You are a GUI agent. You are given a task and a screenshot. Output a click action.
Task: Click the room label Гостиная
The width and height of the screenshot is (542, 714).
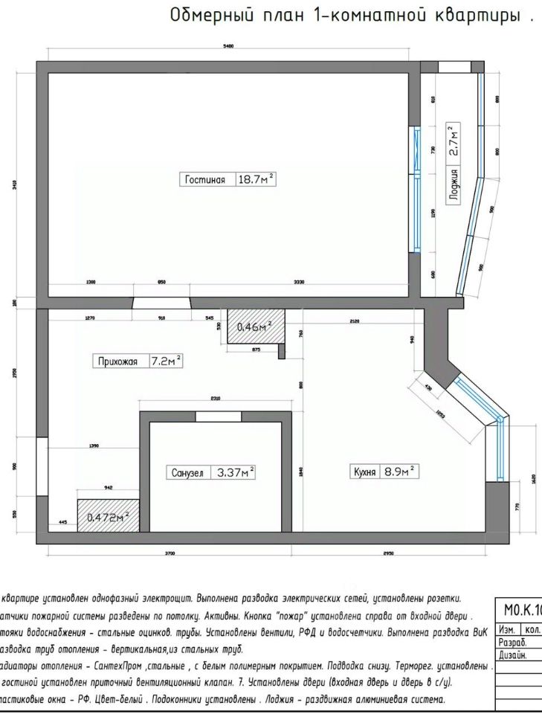pos(205,179)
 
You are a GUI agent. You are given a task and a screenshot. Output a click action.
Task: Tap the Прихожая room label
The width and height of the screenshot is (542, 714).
pos(116,362)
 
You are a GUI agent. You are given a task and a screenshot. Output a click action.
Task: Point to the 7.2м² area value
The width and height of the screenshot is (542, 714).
pos(166,361)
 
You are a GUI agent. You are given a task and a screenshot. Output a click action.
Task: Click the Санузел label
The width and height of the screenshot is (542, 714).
pos(187,472)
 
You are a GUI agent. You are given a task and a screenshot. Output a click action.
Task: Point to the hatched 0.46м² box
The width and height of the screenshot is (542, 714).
pos(254,327)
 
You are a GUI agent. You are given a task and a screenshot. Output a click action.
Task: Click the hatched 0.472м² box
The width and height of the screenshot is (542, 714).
pos(108,516)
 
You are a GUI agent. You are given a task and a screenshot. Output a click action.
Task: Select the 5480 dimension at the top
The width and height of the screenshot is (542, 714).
pos(228,47)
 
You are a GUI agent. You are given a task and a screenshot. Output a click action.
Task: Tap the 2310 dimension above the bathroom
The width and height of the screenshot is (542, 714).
pos(215,399)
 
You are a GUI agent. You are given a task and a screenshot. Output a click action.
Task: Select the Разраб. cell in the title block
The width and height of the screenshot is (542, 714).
pos(513,642)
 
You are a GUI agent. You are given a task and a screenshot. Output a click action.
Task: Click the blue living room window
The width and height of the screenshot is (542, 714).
pos(417,190)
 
